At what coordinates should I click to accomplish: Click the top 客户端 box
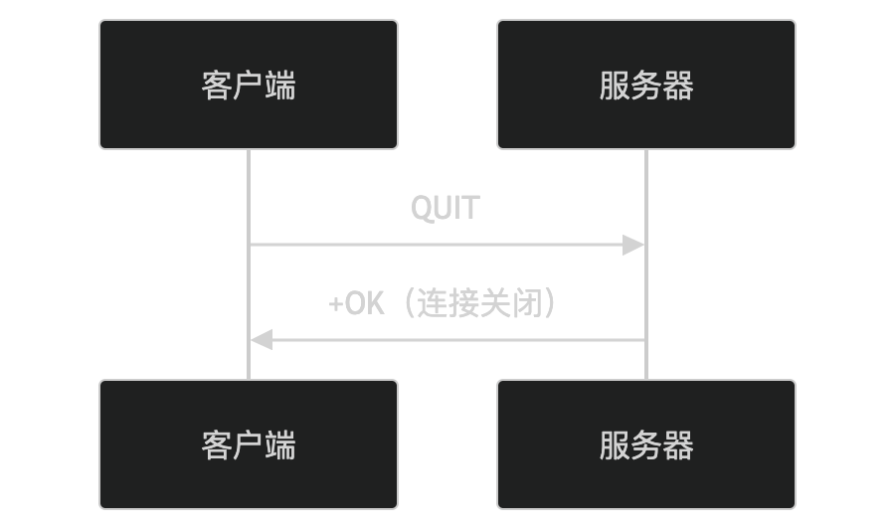point(249,85)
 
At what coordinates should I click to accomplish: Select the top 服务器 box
point(646,85)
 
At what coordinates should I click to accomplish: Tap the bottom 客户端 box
point(249,444)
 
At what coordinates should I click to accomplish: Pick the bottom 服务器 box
point(646,444)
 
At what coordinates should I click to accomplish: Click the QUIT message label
point(446,209)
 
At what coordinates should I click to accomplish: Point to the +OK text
point(356,303)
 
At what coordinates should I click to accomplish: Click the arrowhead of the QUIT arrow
point(634,245)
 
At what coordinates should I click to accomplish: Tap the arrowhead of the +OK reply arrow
point(261,340)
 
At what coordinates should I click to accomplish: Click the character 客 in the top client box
point(217,86)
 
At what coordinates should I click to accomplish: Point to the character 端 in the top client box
point(280,86)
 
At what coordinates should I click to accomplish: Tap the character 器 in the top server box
point(678,86)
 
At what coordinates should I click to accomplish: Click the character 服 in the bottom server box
point(615,445)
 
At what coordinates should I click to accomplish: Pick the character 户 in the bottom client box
point(249,445)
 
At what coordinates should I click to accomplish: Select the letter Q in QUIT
point(422,209)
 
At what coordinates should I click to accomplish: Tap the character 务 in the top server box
point(646,86)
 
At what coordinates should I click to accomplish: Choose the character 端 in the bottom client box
point(280,445)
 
